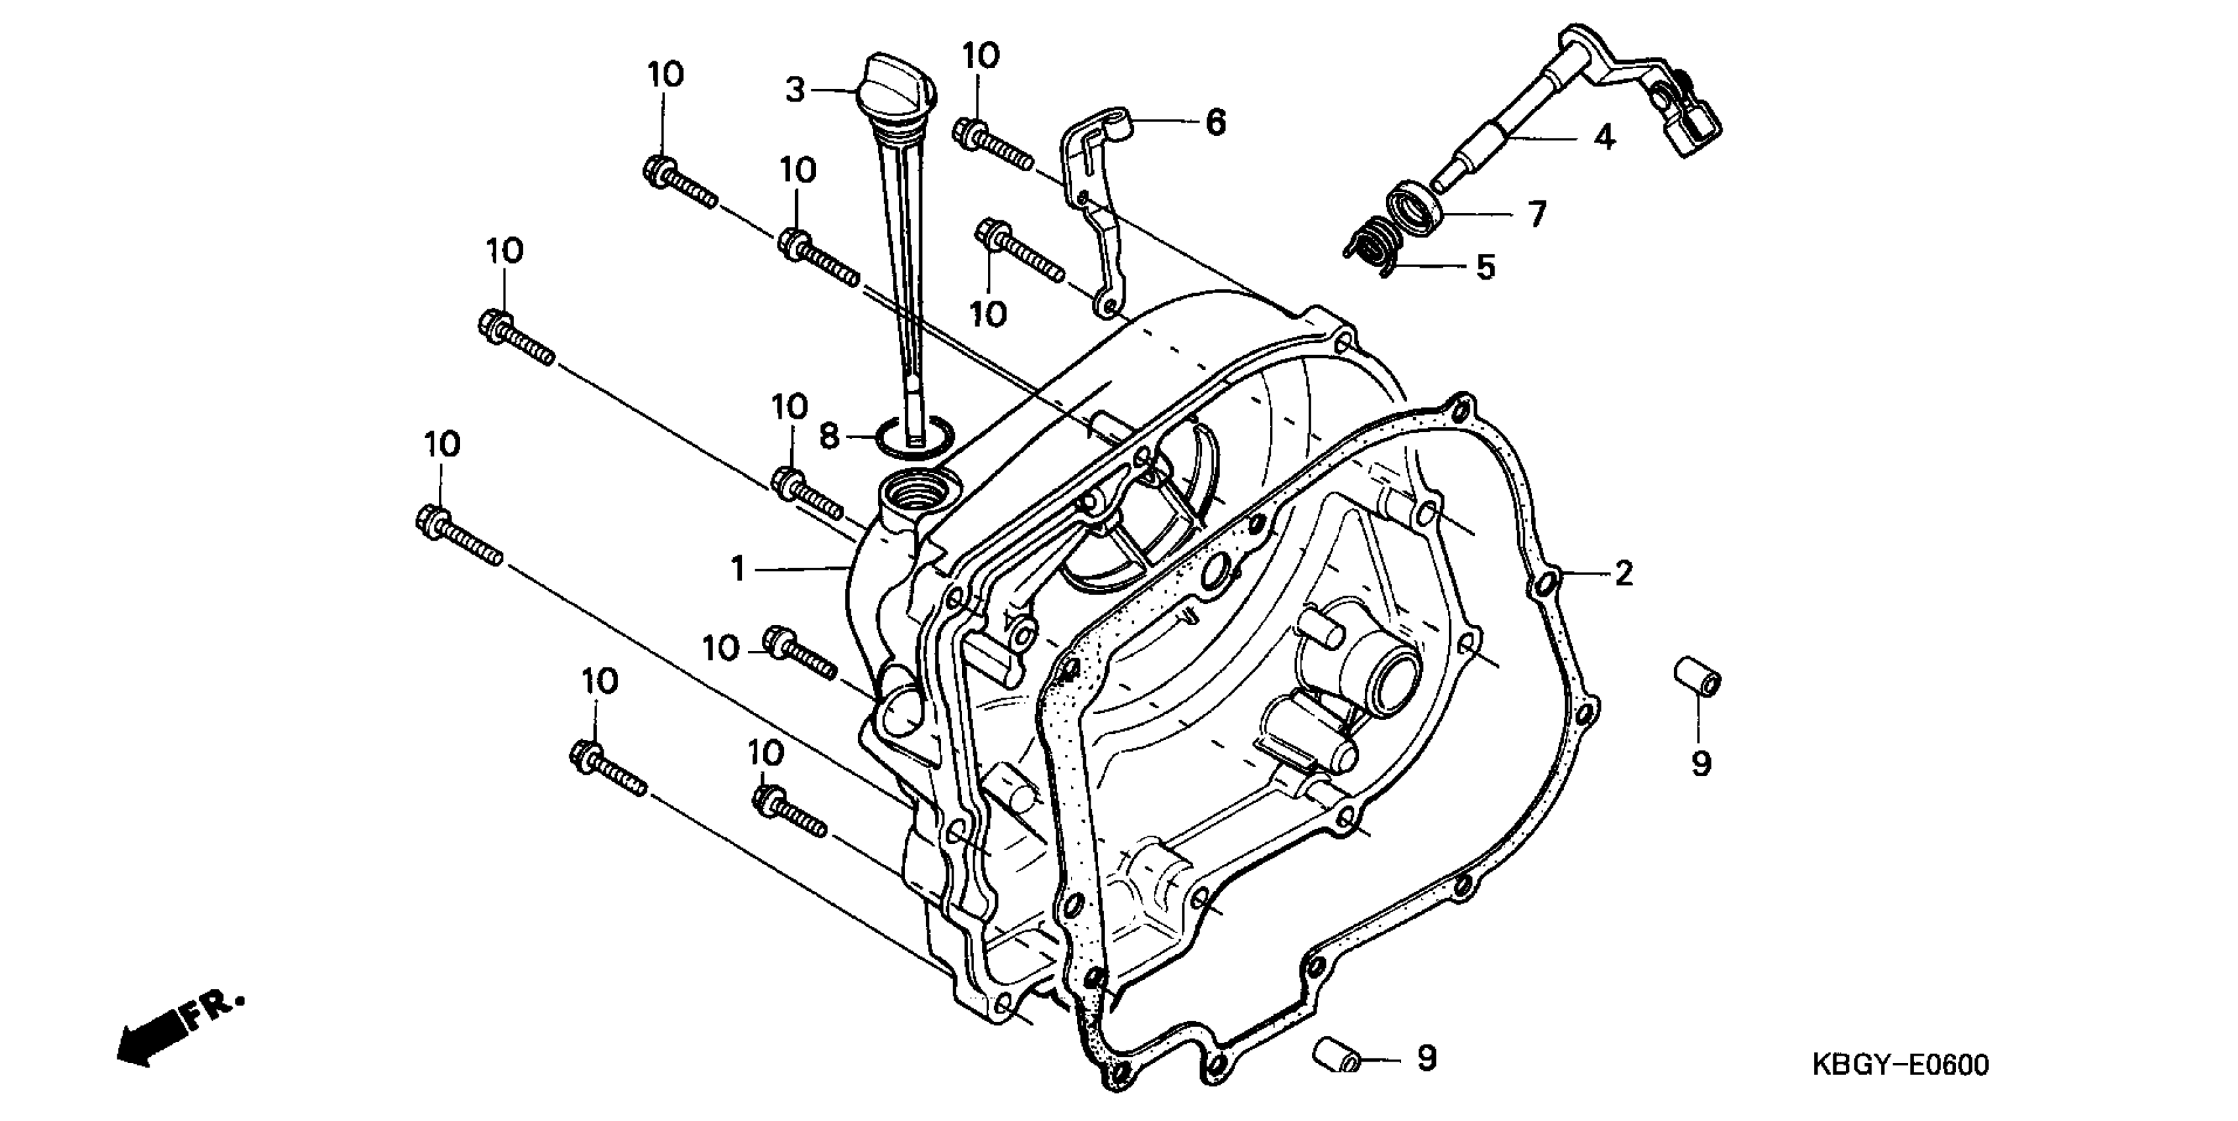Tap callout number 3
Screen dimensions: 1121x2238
pos(795,90)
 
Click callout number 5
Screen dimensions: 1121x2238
pos(1485,267)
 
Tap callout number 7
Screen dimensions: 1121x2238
pos(1536,213)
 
